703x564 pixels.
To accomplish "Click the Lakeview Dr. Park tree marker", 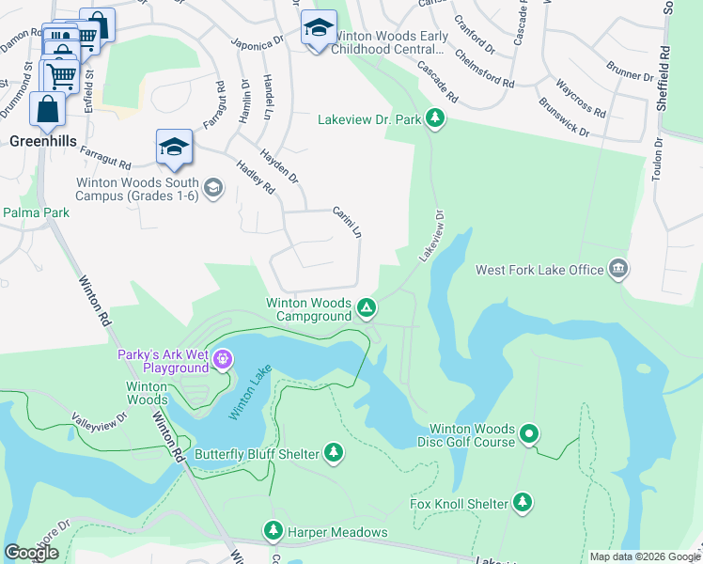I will pyautogui.click(x=434, y=118).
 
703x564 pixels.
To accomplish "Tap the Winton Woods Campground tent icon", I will pyautogui.click(x=367, y=307).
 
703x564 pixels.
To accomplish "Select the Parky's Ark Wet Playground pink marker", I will pyautogui.click(x=222, y=358).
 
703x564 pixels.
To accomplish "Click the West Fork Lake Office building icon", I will pyautogui.click(x=618, y=270).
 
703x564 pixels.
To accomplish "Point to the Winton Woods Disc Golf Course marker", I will pyautogui.click(x=530, y=434).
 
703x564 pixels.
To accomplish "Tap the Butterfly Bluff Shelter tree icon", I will pyautogui.click(x=333, y=454).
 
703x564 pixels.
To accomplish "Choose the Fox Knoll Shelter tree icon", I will pyautogui.click(x=523, y=503).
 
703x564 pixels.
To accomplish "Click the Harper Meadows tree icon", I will pyautogui.click(x=273, y=532).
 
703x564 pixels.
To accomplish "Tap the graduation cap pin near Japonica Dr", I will pyautogui.click(x=319, y=28).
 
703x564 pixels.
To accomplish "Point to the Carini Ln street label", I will pyautogui.click(x=347, y=223).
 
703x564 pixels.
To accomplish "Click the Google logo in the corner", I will pyautogui.click(x=31, y=553).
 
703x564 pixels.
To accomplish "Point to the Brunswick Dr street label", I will pyautogui.click(x=564, y=117).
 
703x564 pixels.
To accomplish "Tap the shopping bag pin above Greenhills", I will pyautogui.click(x=47, y=109).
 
